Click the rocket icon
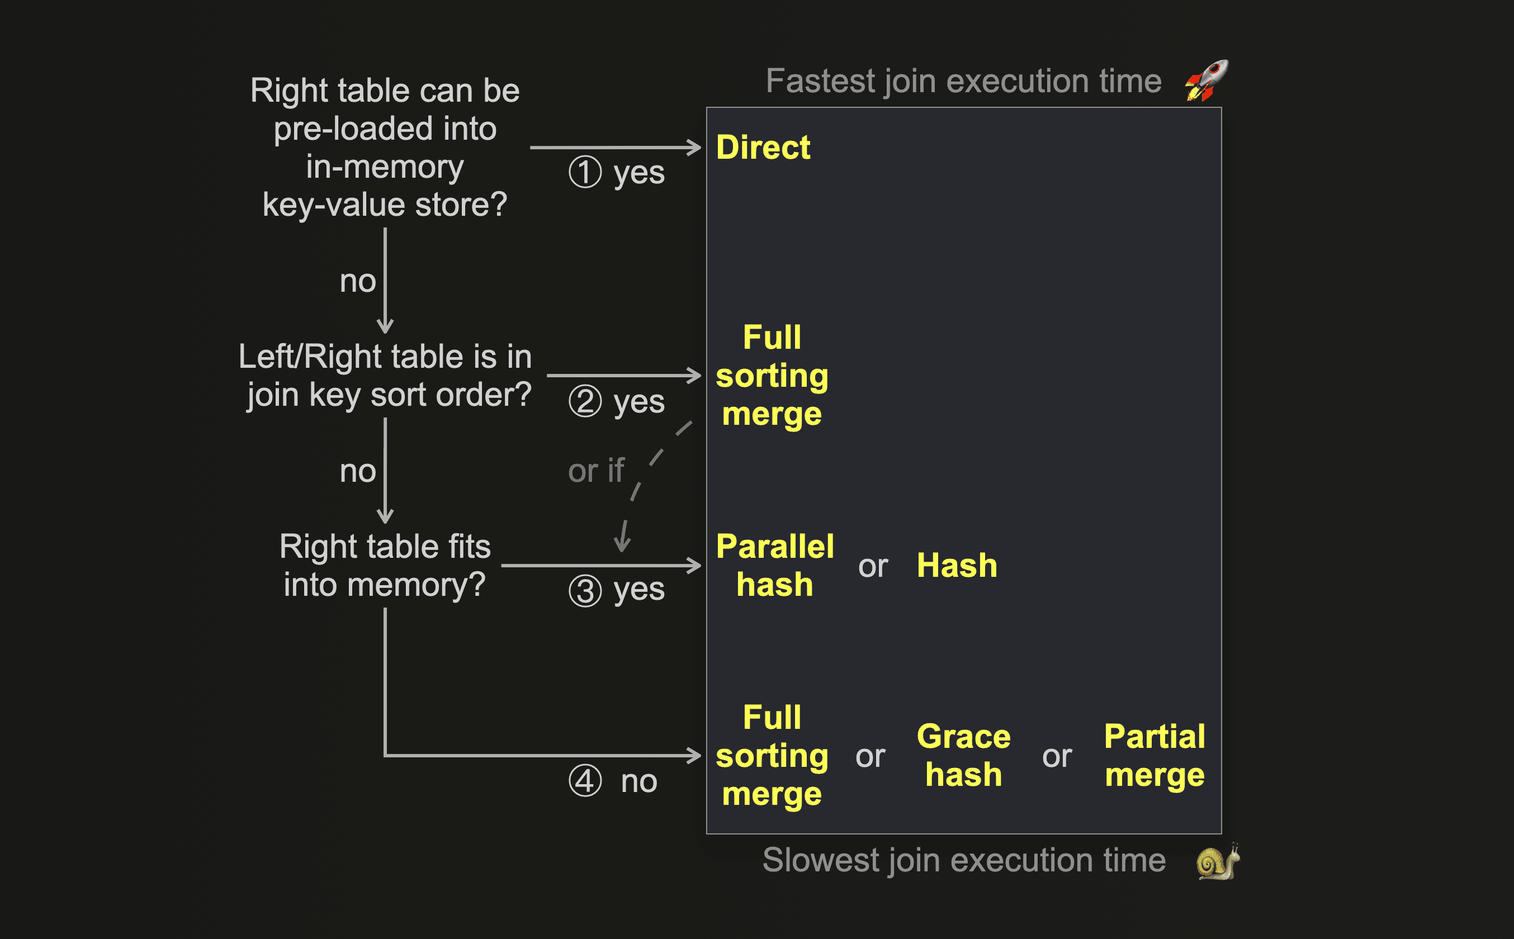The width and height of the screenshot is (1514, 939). click(x=1206, y=80)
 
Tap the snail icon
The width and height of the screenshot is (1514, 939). click(x=1217, y=862)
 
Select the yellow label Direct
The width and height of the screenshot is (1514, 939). click(x=763, y=148)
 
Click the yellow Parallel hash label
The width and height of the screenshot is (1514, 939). click(x=774, y=566)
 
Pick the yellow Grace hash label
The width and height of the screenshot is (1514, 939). click(x=963, y=756)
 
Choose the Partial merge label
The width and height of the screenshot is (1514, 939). click(x=1155, y=756)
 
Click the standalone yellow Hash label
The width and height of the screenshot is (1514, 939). click(x=957, y=566)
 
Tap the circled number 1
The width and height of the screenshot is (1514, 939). click(x=585, y=172)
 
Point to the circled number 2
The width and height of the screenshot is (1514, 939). click(x=585, y=401)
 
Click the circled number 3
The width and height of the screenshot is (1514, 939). click(x=585, y=590)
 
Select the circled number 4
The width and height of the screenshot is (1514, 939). click(x=585, y=781)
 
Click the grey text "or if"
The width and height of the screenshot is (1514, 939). click(x=595, y=471)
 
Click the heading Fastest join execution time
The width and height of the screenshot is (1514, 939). click(x=963, y=82)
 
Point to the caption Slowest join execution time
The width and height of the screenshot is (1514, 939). click(x=964, y=860)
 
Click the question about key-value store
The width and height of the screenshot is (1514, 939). click(x=385, y=147)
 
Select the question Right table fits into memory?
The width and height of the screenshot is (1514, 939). click(x=385, y=566)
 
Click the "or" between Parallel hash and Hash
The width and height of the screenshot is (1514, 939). click(x=873, y=566)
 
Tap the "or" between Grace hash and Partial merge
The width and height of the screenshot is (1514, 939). click(x=1057, y=756)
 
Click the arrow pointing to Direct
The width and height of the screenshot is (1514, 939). click(x=615, y=148)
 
